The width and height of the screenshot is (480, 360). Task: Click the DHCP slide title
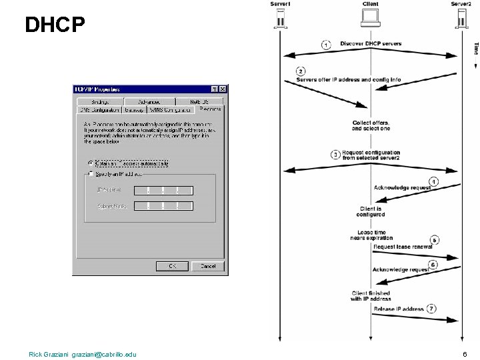click(55, 25)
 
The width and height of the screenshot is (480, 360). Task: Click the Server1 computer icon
click(281, 20)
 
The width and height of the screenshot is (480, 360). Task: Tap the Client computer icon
click(370, 20)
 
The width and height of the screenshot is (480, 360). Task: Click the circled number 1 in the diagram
click(326, 45)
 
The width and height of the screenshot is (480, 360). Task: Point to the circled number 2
click(301, 71)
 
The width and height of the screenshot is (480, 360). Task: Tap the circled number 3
click(335, 155)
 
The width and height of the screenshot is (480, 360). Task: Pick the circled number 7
click(432, 309)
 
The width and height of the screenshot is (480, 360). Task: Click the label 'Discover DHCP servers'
click(371, 44)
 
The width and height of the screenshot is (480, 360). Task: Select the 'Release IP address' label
click(399, 309)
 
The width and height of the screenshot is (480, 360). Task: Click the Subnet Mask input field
click(163, 207)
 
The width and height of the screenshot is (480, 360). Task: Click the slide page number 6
click(464, 353)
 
